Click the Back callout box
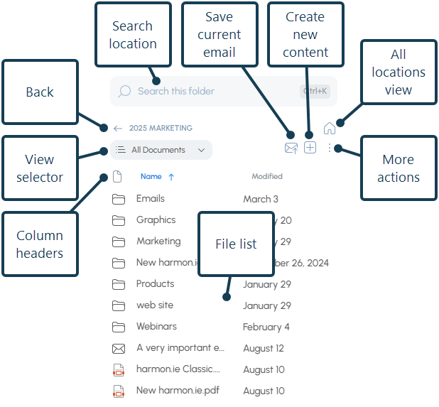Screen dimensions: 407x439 [x=40, y=92]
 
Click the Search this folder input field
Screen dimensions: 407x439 [x=206, y=92]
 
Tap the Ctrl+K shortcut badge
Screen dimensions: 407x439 [x=314, y=92]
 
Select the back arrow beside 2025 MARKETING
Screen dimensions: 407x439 [x=118, y=129]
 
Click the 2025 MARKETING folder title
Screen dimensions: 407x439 [x=161, y=129]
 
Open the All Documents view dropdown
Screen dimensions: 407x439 [x=161, y=150]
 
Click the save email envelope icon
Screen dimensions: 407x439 [x=291, y=148]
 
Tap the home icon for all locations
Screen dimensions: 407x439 [x=330, y=129]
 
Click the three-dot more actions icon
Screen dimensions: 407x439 [x=330, y=148]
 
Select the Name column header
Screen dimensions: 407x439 [x=151, y=176]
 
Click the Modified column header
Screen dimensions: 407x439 [x=267, y=176]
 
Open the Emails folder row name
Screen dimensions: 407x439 [x=151, y=199]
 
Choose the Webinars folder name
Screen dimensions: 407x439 [x=156, y=327]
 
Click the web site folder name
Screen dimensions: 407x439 [x=155, y=305]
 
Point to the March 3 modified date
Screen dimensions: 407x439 [x=261, y=200]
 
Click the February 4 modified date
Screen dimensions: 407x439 [x=266, y=327]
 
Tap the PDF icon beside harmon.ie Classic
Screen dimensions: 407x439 [x=119, y=370]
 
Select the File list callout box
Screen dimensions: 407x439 [x=236, y=244]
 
